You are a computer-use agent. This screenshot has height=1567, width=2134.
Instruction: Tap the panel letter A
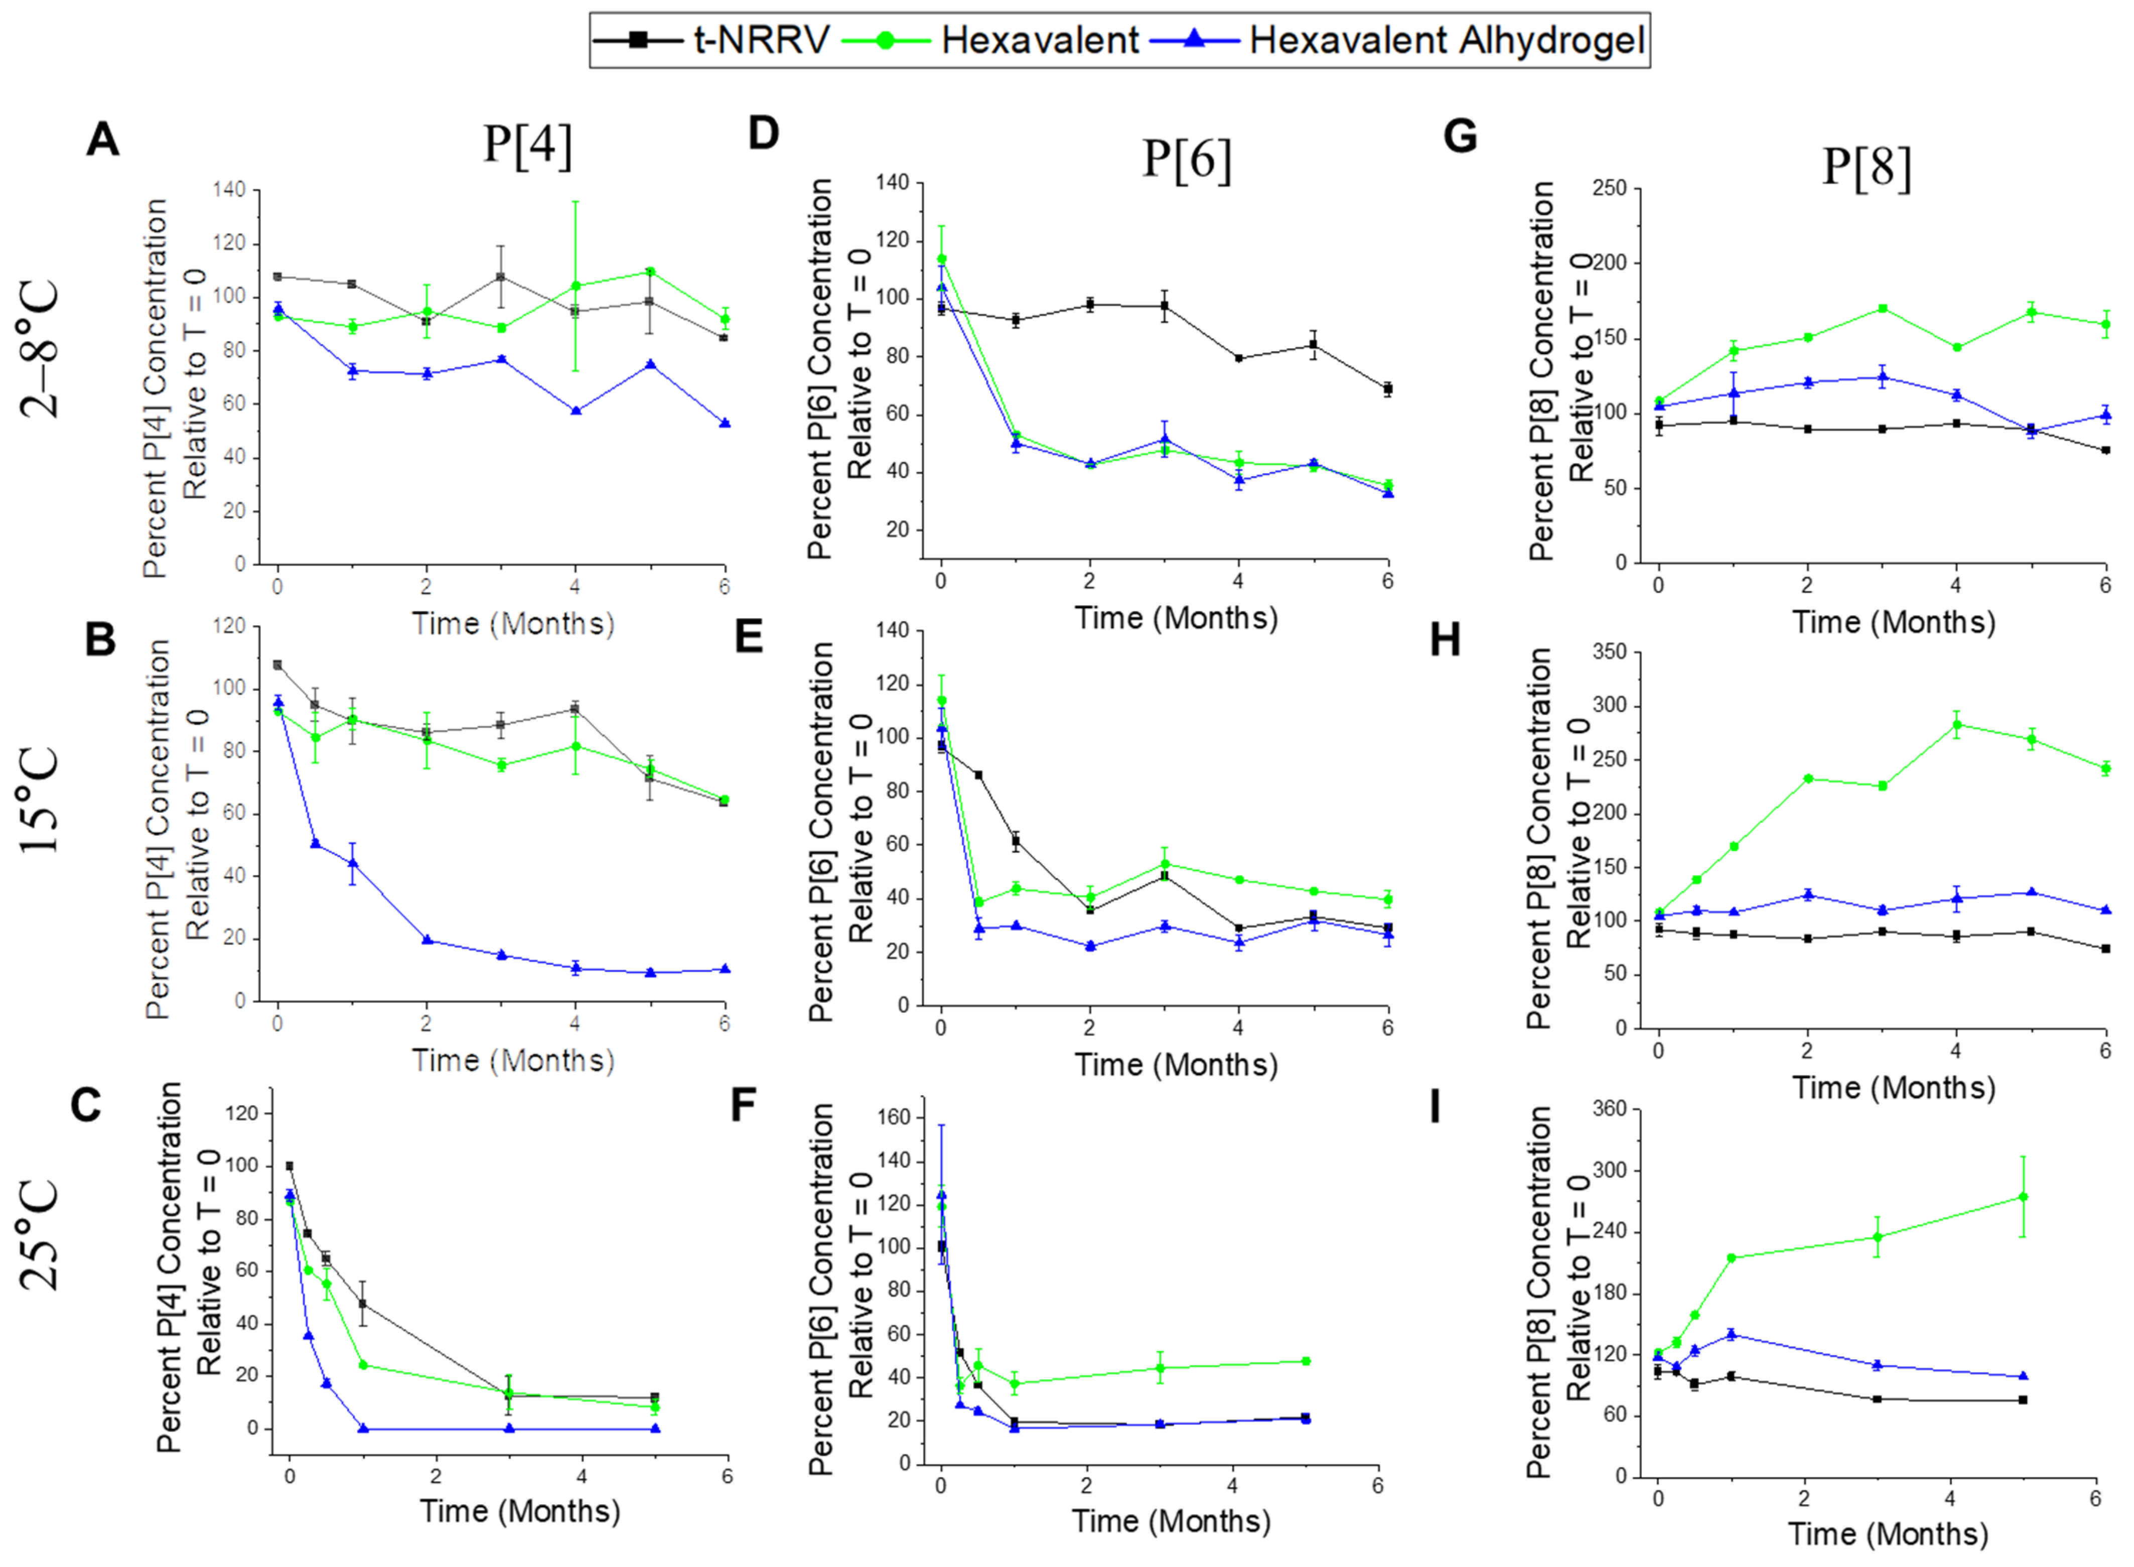point(102,140)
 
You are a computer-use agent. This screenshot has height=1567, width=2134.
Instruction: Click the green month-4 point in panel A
point(576,286)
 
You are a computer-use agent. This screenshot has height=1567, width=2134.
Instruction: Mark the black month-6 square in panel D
point(1387,389)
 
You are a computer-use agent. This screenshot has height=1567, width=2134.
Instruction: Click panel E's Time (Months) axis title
point(1176,1064)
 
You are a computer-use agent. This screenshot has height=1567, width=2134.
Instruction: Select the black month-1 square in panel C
point(362,1304)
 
